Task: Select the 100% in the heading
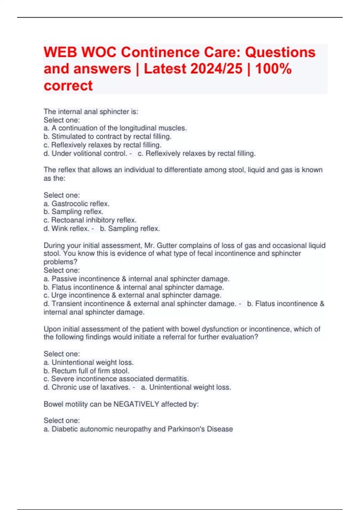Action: [x=273, y=69]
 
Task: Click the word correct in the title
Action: [x=68, y=85]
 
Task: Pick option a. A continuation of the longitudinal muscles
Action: [x=115, y=128]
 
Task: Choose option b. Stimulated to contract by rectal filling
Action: [x=107, y=136]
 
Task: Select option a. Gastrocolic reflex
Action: [x=76, y=204]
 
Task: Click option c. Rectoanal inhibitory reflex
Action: [x=90, y=220]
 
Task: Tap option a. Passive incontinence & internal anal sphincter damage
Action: [x=136, y=279]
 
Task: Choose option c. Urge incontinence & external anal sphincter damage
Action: [x=132, y=295]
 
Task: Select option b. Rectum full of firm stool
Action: [x=86, y=371]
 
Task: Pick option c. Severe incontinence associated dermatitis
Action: [x=116, y=379]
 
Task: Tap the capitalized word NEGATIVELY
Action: [x=136, y=404]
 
